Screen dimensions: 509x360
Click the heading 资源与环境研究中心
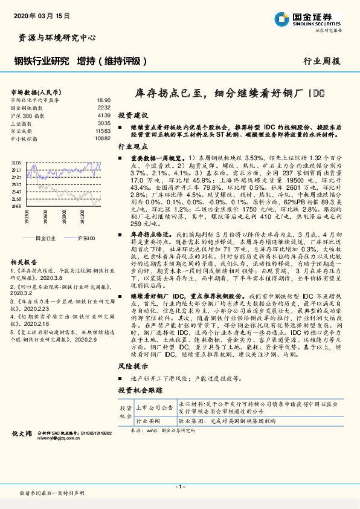click(x=54, y=37)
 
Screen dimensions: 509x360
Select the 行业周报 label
click(x=321, y=61)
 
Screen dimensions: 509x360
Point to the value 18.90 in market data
click(x=103, y=100)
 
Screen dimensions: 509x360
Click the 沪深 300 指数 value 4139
click(x=103, y=115)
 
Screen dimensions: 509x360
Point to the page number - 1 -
click(x=179, y=487)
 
